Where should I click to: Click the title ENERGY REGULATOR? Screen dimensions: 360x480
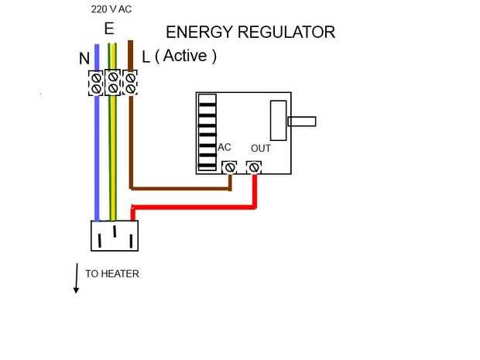click(250, 33)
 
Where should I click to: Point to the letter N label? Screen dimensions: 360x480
click(84, 59)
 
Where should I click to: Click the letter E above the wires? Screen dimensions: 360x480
click(109, 29)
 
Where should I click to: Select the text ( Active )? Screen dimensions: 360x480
click(186, 57)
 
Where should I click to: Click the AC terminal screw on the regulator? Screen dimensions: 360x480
click(229, 167)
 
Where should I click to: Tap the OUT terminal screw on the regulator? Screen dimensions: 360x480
click(254, 167)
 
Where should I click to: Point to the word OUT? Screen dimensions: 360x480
click(261, 148)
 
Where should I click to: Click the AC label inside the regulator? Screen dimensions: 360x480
click(225, 147)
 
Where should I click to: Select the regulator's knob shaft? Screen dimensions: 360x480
click(301, 121)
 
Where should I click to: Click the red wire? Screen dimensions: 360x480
click(194, 207)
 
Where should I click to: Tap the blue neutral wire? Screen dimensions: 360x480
click(97, 155)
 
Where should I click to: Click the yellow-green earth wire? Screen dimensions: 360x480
click(113, 155)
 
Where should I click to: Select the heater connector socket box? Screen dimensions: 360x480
click(115, 235)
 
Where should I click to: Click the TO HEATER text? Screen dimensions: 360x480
click(112, 274)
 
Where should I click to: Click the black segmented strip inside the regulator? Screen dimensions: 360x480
click(207, 132)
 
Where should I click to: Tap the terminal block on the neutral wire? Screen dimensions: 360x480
click(96, 83)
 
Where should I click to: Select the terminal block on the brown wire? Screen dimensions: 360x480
click(130, 83)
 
